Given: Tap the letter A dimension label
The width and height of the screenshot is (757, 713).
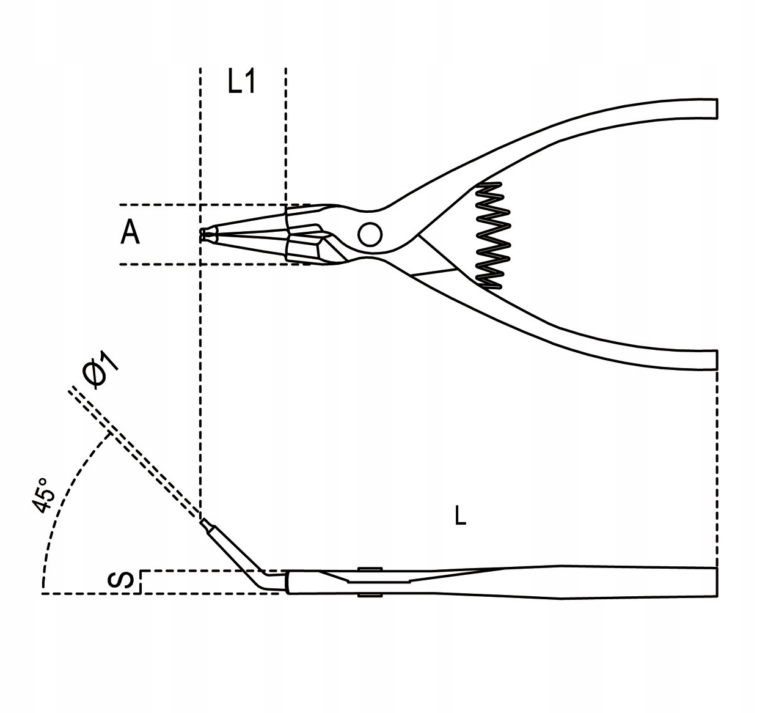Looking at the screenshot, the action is tap(130, 233).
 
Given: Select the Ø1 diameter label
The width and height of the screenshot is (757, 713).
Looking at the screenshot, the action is tap(101, 373).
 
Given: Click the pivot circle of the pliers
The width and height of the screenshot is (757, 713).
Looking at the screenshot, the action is tap(370, 234).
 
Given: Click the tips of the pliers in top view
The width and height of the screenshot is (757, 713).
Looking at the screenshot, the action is tap(205, 234).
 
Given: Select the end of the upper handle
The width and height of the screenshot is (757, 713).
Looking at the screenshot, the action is tap(709, 108).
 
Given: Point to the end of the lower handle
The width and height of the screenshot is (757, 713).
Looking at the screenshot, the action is tap(709, 360).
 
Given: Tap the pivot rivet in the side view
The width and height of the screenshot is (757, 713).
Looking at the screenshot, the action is tap(367, 582).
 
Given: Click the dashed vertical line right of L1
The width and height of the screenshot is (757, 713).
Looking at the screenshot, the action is tap(285, 135).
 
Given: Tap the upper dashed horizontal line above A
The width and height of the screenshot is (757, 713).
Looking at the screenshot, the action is tap(159, 204).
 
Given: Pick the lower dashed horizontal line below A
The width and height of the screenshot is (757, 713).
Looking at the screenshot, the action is tap(159, 264).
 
